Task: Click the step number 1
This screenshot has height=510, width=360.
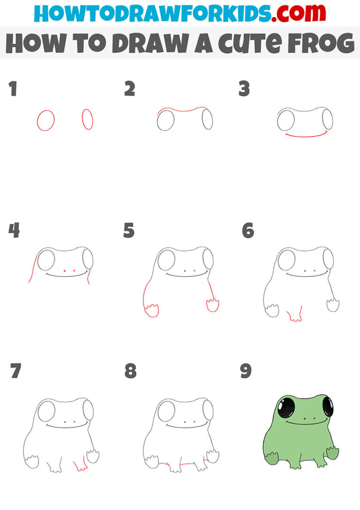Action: [13, 89]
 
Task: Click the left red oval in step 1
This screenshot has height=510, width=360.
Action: [45, 120]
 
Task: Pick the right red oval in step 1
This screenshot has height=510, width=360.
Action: [88, 119]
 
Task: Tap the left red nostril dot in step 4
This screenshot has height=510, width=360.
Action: [64, 271]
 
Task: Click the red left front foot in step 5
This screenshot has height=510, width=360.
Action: [151, 310]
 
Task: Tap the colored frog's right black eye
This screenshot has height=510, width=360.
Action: [328, 406]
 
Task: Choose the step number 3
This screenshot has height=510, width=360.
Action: [244, 89]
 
